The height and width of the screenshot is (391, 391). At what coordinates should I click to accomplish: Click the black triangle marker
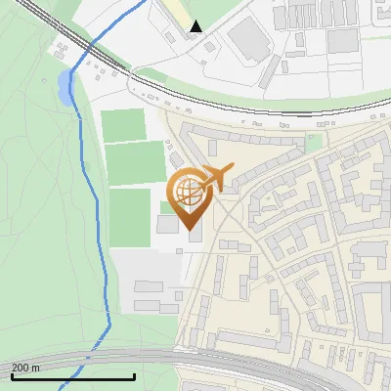[x=197, y=26]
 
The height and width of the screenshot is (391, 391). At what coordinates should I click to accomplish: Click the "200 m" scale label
[x=26, y=368]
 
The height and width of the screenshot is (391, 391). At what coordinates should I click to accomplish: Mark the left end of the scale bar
[x=11, y=376]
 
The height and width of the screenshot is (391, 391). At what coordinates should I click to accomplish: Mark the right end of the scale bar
[x=134, y=376]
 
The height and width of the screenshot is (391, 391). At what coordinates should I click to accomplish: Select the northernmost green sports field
[x=123, y=124]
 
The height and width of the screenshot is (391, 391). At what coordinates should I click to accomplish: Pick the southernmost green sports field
[x=129, y=216]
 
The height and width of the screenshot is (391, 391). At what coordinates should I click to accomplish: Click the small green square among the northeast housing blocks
[x=314, y=142]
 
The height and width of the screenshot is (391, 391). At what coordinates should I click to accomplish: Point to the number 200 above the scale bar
[x=20, y=368]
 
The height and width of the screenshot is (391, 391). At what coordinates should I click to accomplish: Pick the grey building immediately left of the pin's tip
[x=167, y=224]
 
